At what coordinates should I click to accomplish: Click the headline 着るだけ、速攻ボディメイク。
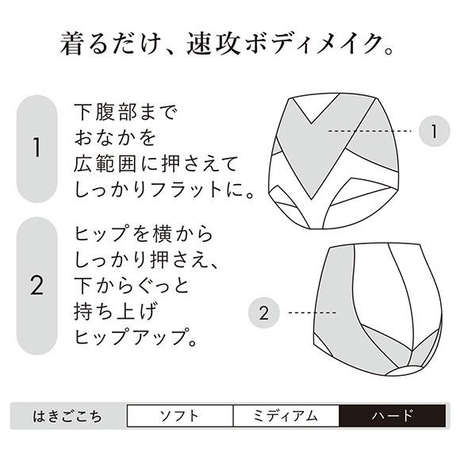pos(229,44)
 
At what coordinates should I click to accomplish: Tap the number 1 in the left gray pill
pos(36,148)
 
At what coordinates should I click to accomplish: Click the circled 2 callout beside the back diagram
pos(264,312)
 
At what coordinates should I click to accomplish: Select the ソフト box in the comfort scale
pos(180,416)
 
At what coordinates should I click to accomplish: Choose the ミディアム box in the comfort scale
pos(286,416)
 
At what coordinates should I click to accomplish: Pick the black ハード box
pos(393,416)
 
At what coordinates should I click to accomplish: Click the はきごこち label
pos(67,416)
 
